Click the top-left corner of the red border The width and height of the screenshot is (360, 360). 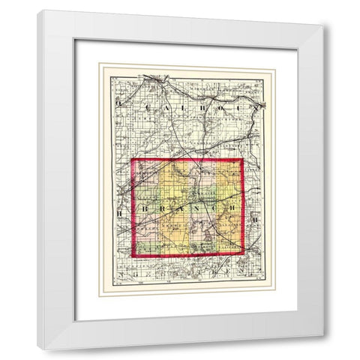point(133,159)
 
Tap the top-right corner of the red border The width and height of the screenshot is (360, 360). point(241,159)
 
